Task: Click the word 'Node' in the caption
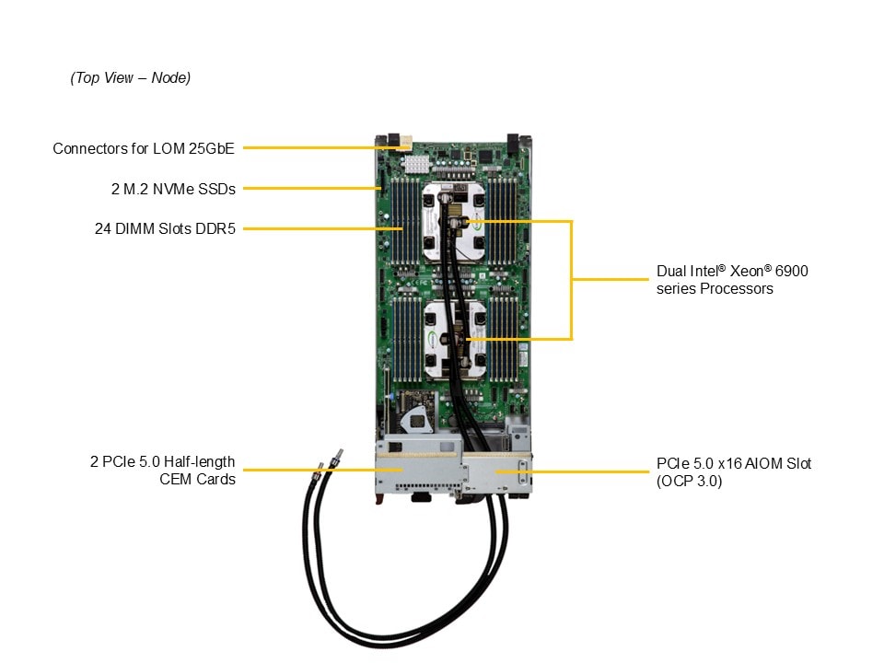click(169, 78)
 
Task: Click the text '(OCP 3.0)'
click(690, 481)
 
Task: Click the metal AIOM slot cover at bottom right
click(498, 475)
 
